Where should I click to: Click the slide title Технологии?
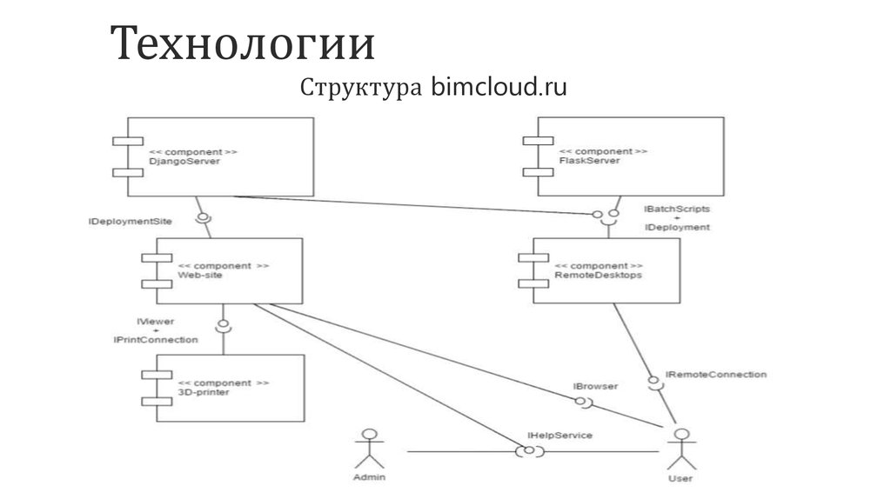pyautogui.click(x=243, y=45)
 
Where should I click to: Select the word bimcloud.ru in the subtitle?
pyautogui.click(x=499, y=88)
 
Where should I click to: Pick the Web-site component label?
pyautogui.click(x=200, y=276)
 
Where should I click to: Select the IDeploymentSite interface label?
pyautogui.click(x=130, y=222)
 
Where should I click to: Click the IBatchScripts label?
pyautogui.click(x=677, y=210)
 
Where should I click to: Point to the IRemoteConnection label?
pyautogui.click(x=716, y=375)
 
